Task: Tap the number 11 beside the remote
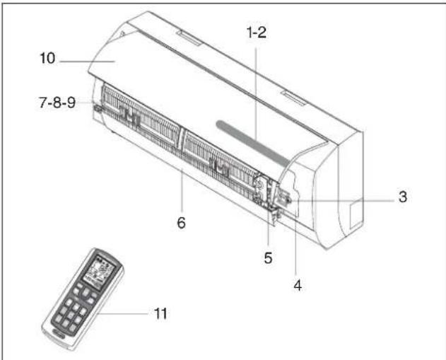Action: (x=160, y=312)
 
